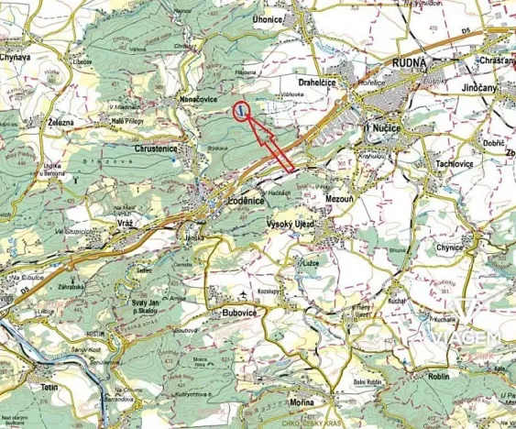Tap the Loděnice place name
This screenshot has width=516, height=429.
click(x=247, y=200)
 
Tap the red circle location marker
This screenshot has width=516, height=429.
click(x=241, y=111)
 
